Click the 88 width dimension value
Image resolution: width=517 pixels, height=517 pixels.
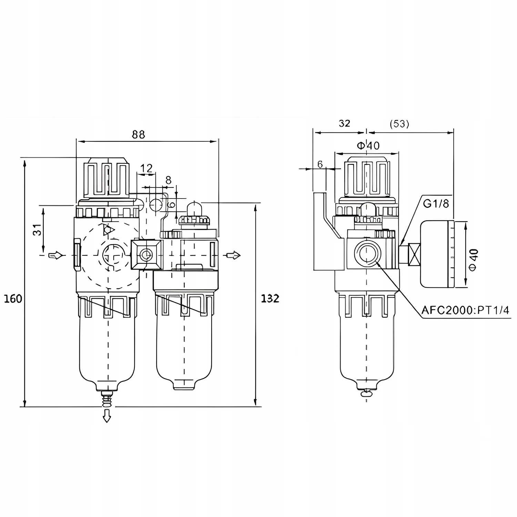pyautogui.click(x=139, y=134)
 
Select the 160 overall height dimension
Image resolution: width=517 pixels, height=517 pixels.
pyautogui.click(x=13, y=298)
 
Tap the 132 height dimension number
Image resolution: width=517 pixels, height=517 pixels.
pyautogui.click(x=270, y=298)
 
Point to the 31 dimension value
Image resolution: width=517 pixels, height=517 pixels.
pyautogui.click(x=38, y=229)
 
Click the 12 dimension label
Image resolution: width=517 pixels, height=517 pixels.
pyautogui.click(x=146, y=169)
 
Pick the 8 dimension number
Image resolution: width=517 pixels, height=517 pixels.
pyautogui.click(x=168, y=180)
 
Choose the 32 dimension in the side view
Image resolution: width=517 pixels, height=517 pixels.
pyautogui.click(x=344, y=123)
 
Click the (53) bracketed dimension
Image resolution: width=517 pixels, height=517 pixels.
pyautogui.click(x=399, y=124)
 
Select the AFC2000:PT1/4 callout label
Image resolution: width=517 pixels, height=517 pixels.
pyautogui.click(x=465, y=310)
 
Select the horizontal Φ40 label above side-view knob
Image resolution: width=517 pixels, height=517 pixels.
pyautogui.click(x=368, y=145)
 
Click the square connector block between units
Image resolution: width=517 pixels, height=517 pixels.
pyautogui.click(x=146, y=255)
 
